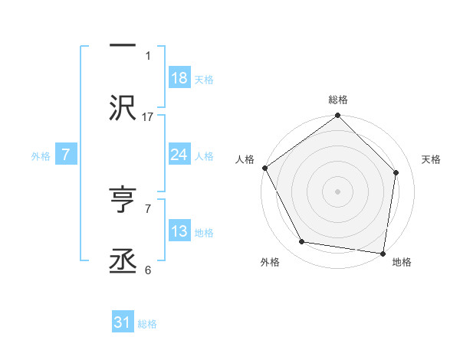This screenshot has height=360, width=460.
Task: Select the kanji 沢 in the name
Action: [x=123, y=108]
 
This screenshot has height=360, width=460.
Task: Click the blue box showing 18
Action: [x=179, y=78]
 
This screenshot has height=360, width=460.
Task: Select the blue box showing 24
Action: [x=179, y=155]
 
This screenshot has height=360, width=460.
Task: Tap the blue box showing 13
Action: [x=179, y=231]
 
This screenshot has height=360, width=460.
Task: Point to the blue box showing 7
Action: [x=66, y=155]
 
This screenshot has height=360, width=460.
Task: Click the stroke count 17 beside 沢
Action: [x=149, y=116]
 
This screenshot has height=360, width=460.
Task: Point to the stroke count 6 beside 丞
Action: [x=148, y=270]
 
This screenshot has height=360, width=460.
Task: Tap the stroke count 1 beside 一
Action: [x=149, y=55]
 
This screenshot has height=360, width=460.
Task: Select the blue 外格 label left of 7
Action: [x=41, y=155]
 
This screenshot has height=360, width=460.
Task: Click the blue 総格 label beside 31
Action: [x=147, y=324]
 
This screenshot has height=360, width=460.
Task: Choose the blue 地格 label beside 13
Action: [x=204, y=232]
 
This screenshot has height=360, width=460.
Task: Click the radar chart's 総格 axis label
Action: [x=338, y=100]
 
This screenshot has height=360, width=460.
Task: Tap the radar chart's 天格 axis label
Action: [x=432, y=159]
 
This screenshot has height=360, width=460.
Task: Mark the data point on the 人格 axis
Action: [x=264, y=168]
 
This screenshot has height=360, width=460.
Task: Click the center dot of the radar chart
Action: [x=338, y=191]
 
